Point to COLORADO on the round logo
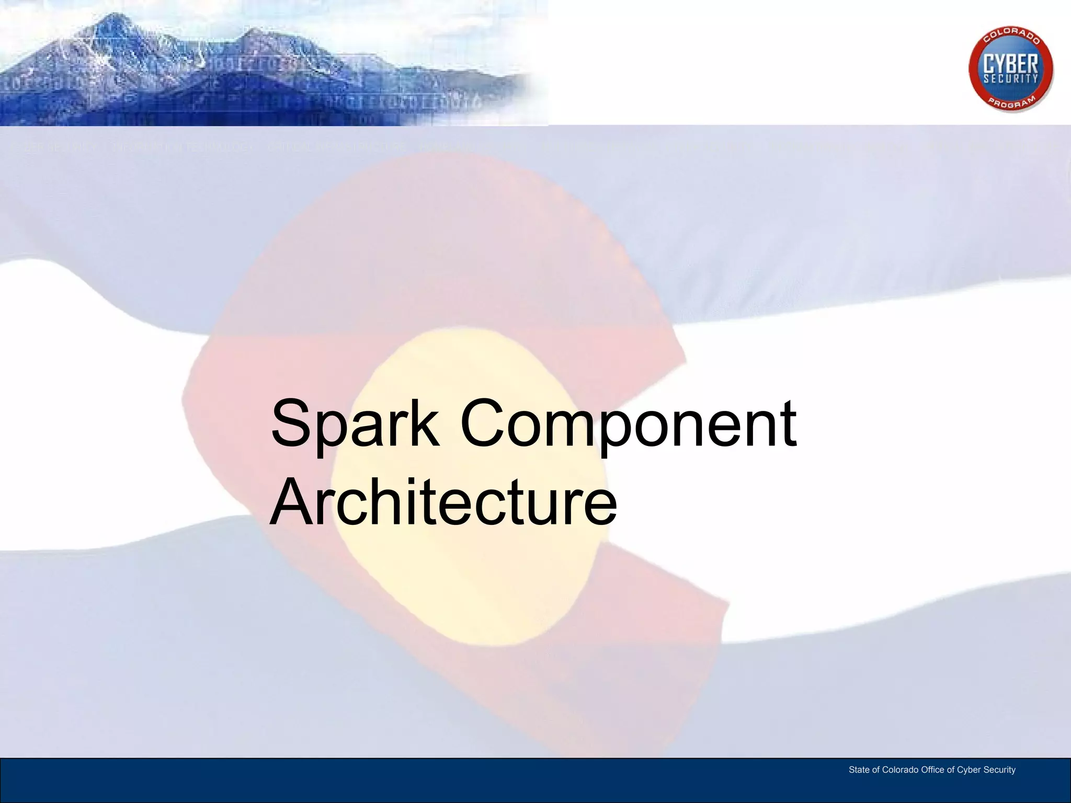coord(1011,38)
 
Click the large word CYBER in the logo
coord(1011,65)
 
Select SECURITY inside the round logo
coord(1011,79)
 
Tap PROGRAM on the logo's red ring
coord(1011,101)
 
